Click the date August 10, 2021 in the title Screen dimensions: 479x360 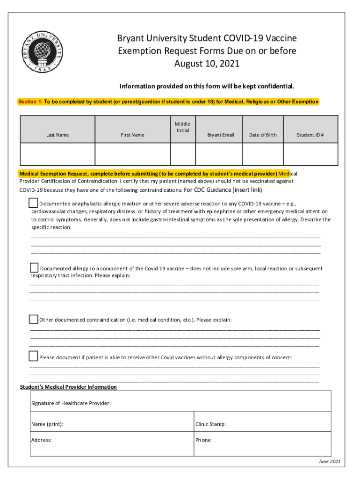coord(207,63)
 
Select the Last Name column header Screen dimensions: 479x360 coord(58,135)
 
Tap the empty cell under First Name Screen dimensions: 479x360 coord(132,155)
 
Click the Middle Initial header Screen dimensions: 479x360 coord(182,127)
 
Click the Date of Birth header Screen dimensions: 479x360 coord(263,135)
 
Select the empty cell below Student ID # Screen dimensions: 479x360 coord(310,155)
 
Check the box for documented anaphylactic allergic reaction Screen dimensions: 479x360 coord(33,203)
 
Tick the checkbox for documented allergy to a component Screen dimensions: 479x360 coord(34,268)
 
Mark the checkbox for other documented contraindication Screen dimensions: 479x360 coord(33,319)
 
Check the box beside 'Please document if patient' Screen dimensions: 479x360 coord(33,356)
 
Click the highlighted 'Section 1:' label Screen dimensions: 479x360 coord(30,102)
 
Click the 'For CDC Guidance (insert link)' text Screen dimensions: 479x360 coord(223,190)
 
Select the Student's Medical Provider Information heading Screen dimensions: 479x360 coord(68,387)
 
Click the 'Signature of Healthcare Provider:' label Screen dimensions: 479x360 coord(71,403)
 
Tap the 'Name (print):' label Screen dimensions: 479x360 coord(47,424)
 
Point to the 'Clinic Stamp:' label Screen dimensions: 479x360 coord(210,424)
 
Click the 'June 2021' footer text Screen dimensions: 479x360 coord(329,462)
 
